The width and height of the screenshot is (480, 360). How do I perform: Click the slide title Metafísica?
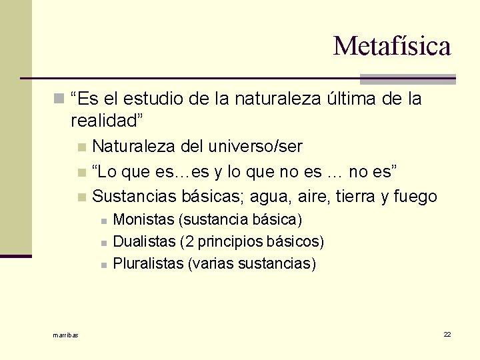(x=392, y=46)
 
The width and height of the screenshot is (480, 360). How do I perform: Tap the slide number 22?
(x=447, y=333)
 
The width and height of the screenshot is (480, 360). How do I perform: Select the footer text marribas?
(x=65, y=335)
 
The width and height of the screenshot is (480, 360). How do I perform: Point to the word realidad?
(x=106, y=121)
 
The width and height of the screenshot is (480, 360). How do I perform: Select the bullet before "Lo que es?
(x=81, y=173)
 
